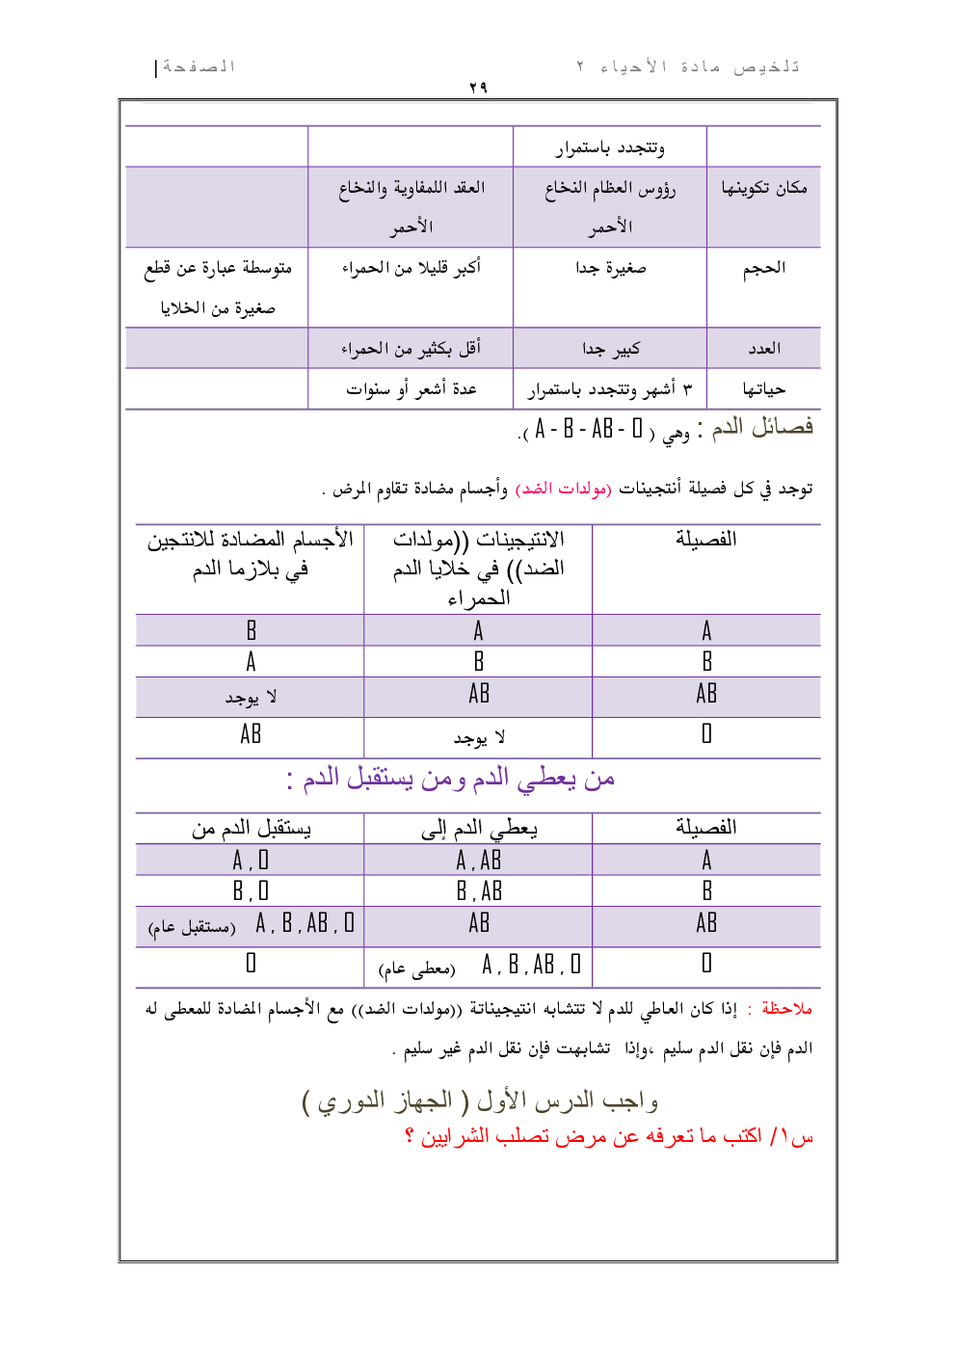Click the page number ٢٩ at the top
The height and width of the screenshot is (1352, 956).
pyautogui.click(x=478, y=88)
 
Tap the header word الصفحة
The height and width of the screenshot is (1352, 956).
pyautogui.click(x=199, y=66)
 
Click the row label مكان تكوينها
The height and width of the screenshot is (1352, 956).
pyautogui.click(x=763, y=188)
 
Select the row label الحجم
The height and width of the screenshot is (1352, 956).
pyautogui.click(x=763, y=268)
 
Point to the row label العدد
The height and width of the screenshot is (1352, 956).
pyautogui.click(x=763, y=348)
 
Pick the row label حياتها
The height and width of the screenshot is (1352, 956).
pyautogui.click(x=763, y=389)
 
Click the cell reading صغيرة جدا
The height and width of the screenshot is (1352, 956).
pyautogui.click(x=610, y=268)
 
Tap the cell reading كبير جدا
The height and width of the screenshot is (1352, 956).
pyautogui.click(x=610, y=348)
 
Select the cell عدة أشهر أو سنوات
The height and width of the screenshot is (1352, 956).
pyautogui.click(x=412, y=389)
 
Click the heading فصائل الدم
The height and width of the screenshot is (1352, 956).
pyautogui.click(x=762, y=427)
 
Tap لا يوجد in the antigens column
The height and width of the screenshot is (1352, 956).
pyautogui.click(x=479, y=738)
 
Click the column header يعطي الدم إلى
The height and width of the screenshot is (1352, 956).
pyautogui.click(x=479, y=828)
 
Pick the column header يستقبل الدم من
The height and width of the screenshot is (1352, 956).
pyautogui.click(x=251, y=828)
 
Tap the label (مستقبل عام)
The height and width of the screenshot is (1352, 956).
pyautogui.click(x=191, y=928)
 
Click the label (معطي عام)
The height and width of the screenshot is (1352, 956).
pyautogui.click(x=416, y=968)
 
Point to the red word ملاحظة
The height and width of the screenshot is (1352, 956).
pyautogui.click(x=786, y=1009)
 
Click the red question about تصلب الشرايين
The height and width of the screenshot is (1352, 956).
pyautogui.click(x=609, y=1137)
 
